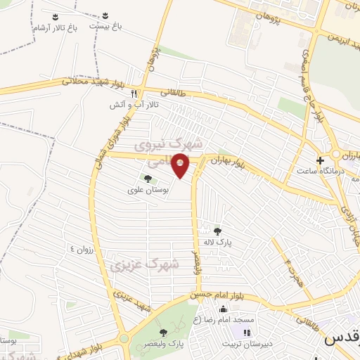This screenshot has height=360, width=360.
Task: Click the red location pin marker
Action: tap(181, 166)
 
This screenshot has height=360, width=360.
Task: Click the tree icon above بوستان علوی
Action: tap(147, 179)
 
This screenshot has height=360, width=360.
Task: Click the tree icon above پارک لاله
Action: tap(217, 230)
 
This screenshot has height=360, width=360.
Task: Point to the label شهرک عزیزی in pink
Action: tap(145, 265)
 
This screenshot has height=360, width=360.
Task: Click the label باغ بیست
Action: tap(105, 25)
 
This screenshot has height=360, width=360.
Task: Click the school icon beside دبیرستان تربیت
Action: tap(246, 333)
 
